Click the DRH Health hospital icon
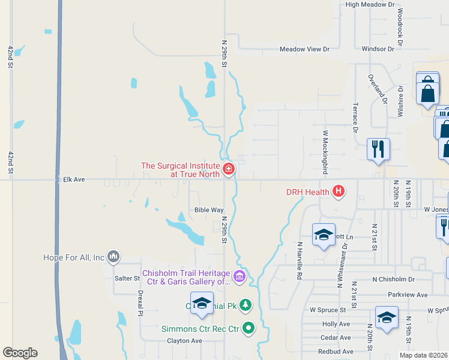coord(339,192)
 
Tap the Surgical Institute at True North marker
coord(228,170)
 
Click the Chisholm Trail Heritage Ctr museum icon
coord(240,277)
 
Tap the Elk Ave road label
coord(74,179)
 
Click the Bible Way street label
coord(208,210)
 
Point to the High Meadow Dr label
coord(370,4)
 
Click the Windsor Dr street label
coord(378,49)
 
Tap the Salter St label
coord(127,278)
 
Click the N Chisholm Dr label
coord(393,280)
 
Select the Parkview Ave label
coord(408,295)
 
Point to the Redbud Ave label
coord(334,351)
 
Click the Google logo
coord(20,353)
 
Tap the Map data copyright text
coord(423,355)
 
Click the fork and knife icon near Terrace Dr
coord(378,149)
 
